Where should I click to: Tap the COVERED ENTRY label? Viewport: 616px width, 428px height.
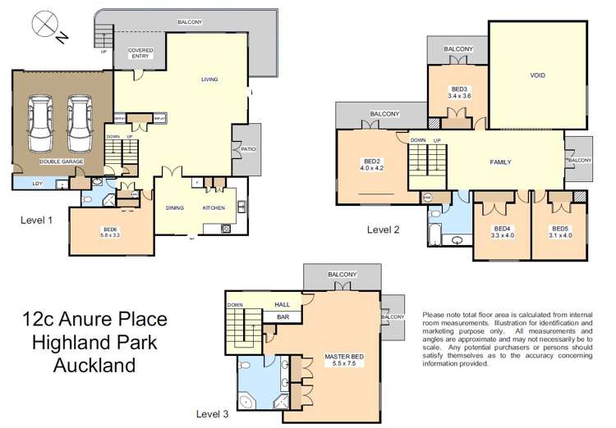pyautogui.click(x=140, y=53)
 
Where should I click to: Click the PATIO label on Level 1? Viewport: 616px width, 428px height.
pyautogui.click(x=248, y=148)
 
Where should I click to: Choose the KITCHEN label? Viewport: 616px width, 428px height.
pyautogui.click(x=214, y=208)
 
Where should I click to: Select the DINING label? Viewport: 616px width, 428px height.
pyautogui.click(x=175, y=208)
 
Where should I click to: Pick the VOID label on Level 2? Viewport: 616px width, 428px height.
pyautogui.click(x=537, y=75)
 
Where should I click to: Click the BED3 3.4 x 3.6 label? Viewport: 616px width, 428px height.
pyautogui.click(x=459, y=93)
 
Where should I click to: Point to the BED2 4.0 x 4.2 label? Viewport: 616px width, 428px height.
pyautogui.click(x=372, y=164)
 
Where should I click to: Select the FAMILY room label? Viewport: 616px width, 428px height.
pyautogui.click(x=500, y=162)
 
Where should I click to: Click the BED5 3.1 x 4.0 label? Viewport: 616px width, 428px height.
pyautogui.click(x=559, y=232)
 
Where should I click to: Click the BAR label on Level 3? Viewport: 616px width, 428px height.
pyautogui.click(x=282, y=316)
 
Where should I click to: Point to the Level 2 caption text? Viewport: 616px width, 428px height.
pyautogui.click(x=383, y=230)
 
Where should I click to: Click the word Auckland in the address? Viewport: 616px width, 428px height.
pyautogui.click(x=95, y=365)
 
